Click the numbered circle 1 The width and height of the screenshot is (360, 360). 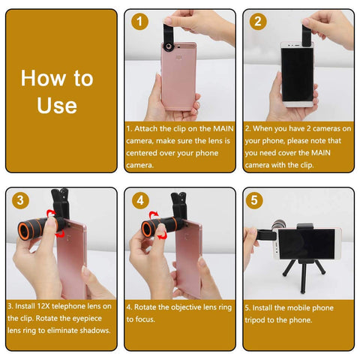coord(139,22)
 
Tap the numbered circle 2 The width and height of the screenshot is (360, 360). coord(258,22)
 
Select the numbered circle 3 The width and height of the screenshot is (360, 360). coord(20,200)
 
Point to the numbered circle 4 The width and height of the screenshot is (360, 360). coord(140,200)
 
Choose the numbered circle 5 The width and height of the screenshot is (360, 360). coord(254,200)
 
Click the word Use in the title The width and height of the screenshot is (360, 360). coord(57,106)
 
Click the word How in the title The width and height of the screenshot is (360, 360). coord(43,78)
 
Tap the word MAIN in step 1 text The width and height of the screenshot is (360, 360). coord(223,129)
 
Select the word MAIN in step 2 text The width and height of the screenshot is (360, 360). coord(321,153)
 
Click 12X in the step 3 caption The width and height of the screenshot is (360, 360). coord(43,306)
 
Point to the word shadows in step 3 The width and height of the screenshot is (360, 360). coord(97,331)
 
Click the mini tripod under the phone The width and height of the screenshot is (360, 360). coord(304,276)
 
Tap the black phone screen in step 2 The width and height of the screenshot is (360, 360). coord(297,74)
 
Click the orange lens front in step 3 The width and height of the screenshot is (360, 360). coord(24,230)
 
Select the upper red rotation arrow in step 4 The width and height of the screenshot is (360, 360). coord(153,214)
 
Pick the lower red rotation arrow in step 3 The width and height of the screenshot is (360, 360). coord(60,234)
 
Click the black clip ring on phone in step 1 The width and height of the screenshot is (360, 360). coord(169,47)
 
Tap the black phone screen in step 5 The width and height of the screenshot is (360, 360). coord(307,244)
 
